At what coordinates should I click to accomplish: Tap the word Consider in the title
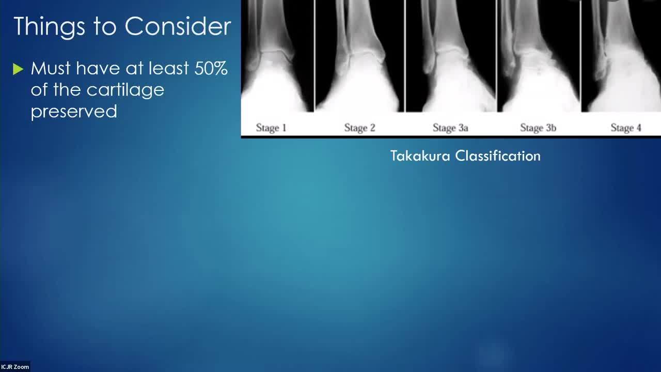pos(178,26)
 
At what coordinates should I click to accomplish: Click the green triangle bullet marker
pos(18,69)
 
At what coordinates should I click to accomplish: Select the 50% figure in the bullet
pos(211,69)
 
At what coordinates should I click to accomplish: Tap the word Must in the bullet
pos(51,69)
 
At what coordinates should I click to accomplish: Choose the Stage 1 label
pos(271,128)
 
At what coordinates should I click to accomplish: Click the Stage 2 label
pos(359,128)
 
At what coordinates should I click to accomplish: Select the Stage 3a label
pos(450,128)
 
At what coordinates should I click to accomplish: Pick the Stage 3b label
pos(538,128)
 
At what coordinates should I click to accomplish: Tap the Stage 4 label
pos(626,128)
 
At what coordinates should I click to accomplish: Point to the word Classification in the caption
pos(498,156)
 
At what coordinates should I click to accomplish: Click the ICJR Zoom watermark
pos(15,367)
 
